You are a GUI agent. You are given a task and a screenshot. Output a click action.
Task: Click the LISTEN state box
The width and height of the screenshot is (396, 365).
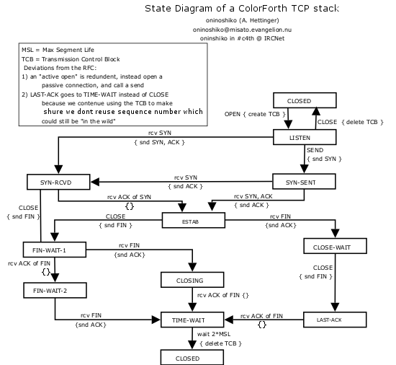pos(305,137)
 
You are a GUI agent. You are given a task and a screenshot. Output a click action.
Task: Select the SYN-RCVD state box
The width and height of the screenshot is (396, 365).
pos(58,182)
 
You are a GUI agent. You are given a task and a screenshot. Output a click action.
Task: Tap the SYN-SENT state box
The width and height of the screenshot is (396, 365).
pos(304,181)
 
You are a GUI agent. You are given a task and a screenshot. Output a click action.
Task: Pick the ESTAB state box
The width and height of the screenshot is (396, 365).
pos(194,220)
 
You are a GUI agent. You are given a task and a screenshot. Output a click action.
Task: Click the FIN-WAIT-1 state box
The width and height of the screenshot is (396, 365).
pos(55,250)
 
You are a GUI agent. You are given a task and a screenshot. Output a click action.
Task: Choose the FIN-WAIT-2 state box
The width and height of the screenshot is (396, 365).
pos(55,291)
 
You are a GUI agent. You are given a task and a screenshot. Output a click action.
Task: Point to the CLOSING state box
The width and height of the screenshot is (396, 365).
pos(192,280)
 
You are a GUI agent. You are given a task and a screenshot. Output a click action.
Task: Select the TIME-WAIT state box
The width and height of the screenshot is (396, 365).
pos(192,320)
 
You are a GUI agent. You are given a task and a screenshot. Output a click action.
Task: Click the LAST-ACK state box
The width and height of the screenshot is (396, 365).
pos(335,320)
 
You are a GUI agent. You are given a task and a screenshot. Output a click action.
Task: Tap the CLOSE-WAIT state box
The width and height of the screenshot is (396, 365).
pos(335,246)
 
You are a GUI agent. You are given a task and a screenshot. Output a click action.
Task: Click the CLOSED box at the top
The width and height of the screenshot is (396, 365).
pos(305,100)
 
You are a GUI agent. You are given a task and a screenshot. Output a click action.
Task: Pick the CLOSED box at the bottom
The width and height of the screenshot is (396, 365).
pos(192,357)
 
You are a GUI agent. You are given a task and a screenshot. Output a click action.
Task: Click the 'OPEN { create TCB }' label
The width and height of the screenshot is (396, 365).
pos(255,114)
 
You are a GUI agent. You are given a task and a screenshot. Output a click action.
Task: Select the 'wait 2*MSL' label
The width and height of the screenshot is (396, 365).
pos(214,334)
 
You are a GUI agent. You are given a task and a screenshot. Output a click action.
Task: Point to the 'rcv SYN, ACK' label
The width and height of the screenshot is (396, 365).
pos(253,196)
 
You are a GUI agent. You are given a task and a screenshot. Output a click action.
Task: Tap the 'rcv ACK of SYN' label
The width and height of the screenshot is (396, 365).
pos(129,197)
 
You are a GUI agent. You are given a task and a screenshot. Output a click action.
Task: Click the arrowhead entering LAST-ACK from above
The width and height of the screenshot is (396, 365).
pos(335,307)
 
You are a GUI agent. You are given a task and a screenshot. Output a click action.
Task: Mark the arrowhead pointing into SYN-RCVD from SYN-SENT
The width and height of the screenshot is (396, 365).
pos(95,182)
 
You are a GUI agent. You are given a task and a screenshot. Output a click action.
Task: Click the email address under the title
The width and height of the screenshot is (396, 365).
pos(242,30)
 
